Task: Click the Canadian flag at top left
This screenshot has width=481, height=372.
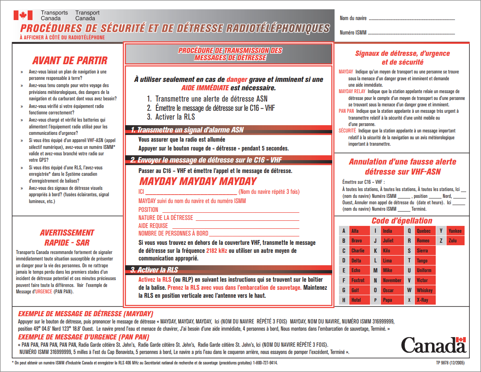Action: click(23, 15)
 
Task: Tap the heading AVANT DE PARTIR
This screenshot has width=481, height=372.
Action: click(70, 61)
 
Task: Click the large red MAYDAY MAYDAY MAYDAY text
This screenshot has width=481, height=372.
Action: click(198, 181)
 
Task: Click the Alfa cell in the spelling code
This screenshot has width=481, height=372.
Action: click(359, 231)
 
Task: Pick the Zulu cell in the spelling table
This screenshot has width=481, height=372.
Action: click(455, 241)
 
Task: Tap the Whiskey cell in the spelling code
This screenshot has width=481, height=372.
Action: click(424, 290)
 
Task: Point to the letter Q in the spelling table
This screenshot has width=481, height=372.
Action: click(409, 231)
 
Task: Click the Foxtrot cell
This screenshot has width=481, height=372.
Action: click(359, 280)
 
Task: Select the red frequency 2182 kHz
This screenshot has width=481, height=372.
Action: click(217, 251)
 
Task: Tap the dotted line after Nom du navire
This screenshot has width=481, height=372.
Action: click(412, 19)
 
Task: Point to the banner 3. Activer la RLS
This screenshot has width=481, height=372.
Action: click(154, 269)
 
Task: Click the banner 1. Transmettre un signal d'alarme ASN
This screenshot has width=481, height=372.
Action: click(187, 130)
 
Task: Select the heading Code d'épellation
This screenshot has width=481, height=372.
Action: click(402, 221)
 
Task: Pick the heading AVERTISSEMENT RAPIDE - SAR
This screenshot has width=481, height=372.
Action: click(67, 238)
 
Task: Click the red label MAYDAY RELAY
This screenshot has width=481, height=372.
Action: click(352, 91)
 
